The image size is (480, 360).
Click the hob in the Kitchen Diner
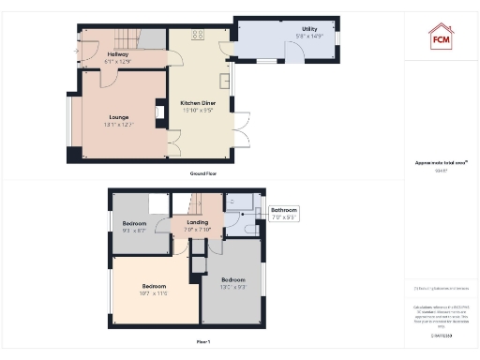(x=199, y=35)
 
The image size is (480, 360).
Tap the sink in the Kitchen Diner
(x=225, y=80)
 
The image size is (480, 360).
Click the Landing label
(x=198, y=223)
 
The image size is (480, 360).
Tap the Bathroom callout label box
(x=284, y=213)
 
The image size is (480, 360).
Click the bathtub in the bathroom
(x=242, y=201)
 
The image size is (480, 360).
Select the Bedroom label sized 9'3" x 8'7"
(x=135, y=226)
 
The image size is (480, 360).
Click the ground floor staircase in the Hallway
(x=126, y=38)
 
